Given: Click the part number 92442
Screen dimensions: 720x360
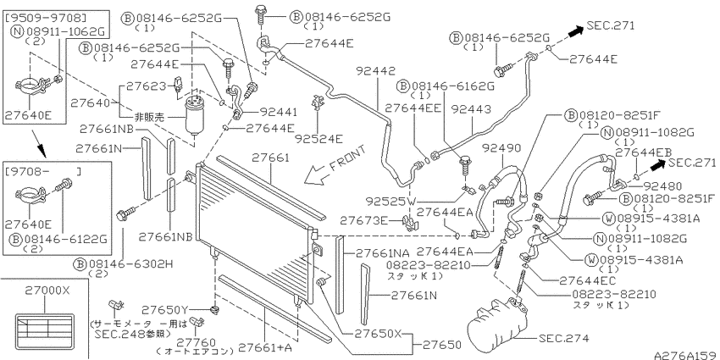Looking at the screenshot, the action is pyautogui.click(x=375, y=71).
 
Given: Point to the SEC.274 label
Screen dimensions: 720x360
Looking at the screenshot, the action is pyautogui.click(x=563, y=339).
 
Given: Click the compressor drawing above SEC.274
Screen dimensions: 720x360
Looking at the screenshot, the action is pyautogui.click(x=498, y=324).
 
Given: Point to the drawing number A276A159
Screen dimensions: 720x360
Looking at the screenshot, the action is pyautogui.click(x=686, y=355).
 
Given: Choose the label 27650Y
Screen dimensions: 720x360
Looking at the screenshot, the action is pyautogui.click(x=165, y=309).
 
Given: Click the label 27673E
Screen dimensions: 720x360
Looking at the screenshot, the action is pyautogui.click(x=363, y=221).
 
